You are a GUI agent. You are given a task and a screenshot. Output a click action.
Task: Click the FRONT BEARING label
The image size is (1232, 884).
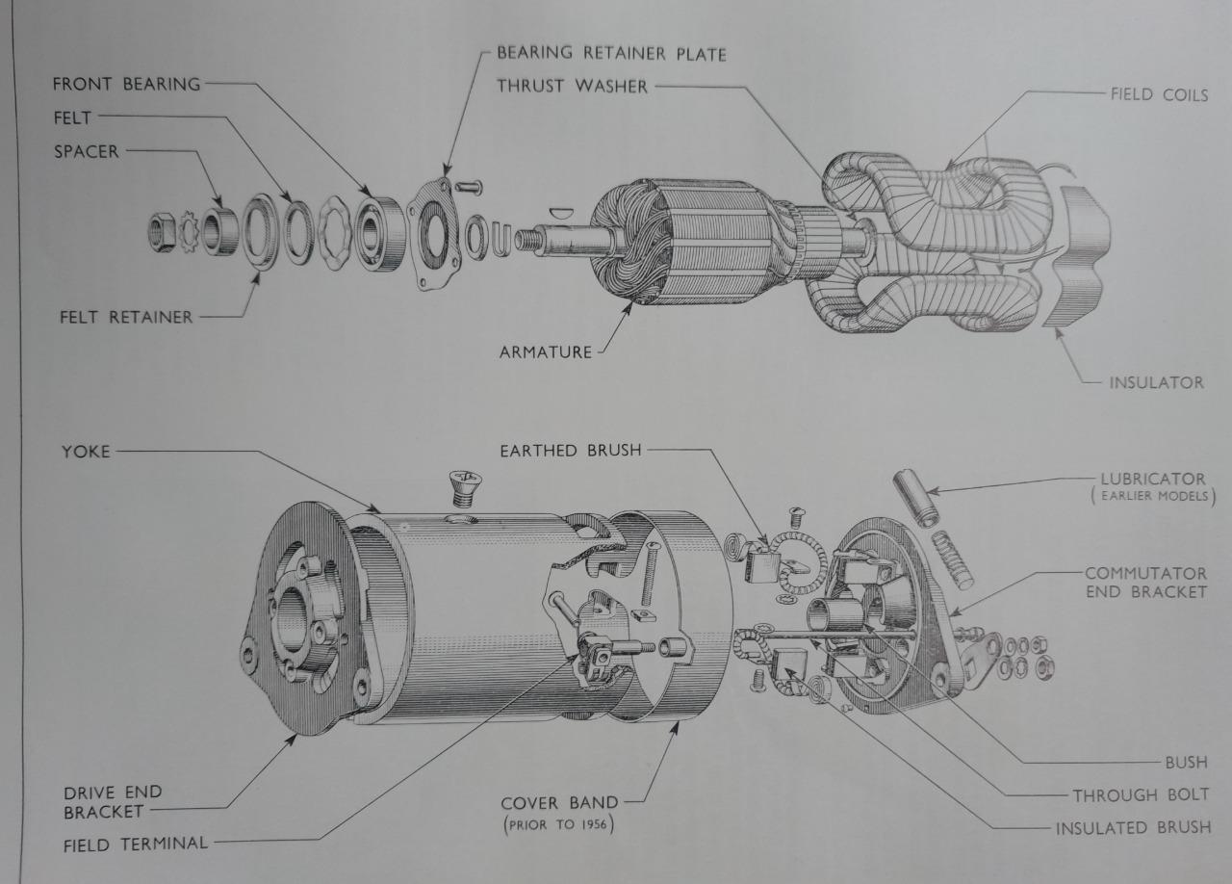126,84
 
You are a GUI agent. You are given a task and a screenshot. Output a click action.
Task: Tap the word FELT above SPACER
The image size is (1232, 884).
72,117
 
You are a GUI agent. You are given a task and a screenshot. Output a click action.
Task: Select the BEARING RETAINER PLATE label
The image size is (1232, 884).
611,53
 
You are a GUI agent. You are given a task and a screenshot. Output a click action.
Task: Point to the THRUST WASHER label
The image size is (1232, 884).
573,86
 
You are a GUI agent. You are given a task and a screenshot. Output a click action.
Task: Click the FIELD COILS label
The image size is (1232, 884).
1160,94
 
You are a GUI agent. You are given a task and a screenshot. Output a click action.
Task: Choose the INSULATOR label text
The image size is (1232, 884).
1157,382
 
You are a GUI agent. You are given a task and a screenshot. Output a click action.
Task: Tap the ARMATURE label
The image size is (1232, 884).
546,351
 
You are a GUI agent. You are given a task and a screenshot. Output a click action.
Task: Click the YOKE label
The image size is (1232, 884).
86,452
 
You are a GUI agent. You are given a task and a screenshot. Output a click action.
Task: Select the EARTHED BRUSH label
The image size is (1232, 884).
571,451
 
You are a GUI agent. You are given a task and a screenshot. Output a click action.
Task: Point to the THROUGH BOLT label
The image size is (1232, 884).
1141,795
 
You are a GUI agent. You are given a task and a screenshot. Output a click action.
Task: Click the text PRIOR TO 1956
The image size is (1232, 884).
558,824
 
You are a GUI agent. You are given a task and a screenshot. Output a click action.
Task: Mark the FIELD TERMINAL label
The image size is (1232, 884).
136,844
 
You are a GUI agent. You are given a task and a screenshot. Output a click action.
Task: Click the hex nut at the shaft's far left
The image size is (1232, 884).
162,232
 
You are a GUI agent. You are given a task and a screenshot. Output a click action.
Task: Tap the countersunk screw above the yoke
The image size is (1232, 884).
465,487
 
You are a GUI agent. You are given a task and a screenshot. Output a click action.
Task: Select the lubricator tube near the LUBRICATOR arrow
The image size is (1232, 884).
915,498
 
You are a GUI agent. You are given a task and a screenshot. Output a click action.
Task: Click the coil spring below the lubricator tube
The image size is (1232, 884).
953,559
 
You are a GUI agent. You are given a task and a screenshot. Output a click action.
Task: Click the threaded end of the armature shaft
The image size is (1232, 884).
527,241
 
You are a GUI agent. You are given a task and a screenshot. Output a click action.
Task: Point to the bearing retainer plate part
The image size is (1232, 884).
434,233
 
